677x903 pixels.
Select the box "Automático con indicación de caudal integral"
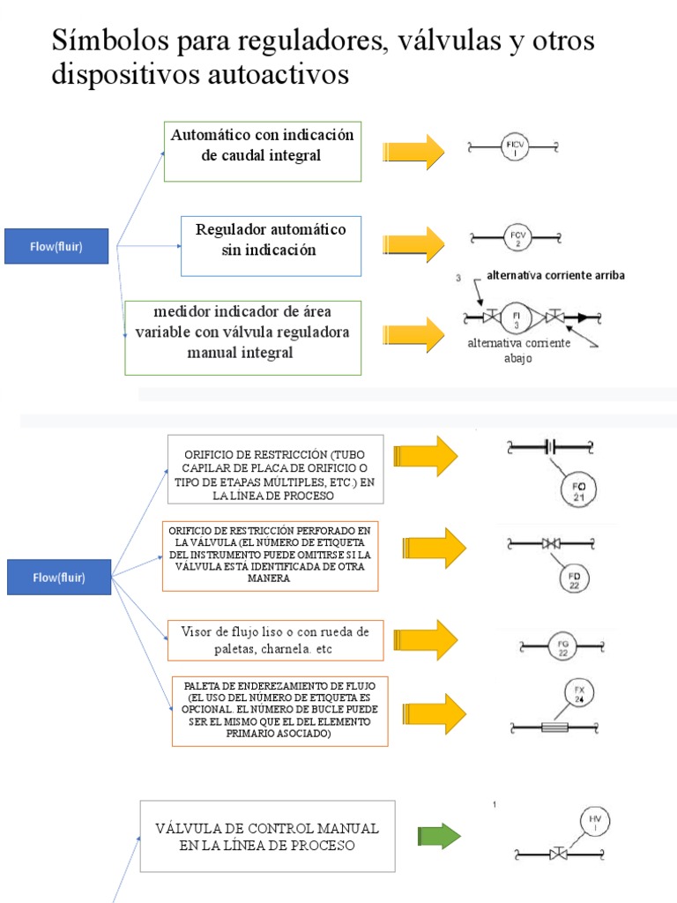coord(263,152)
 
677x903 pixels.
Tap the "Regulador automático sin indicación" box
coord(271,245)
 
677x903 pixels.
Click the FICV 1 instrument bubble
coord(516,148)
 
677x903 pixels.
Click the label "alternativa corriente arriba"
coord(555,276)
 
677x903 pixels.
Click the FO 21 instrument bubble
coord(578,491)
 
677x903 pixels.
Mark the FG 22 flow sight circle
coord(563,649)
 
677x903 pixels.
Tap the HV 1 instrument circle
coord(594,824)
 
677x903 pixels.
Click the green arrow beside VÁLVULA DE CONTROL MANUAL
coord(439,835)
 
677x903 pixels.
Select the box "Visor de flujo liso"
coord(275,640)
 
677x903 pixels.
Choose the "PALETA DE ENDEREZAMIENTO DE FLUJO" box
coord(279,710)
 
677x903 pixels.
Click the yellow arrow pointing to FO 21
coord(426,456)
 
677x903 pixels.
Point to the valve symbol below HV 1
coord(558,854)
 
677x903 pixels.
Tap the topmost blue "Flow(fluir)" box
coord(57,246)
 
